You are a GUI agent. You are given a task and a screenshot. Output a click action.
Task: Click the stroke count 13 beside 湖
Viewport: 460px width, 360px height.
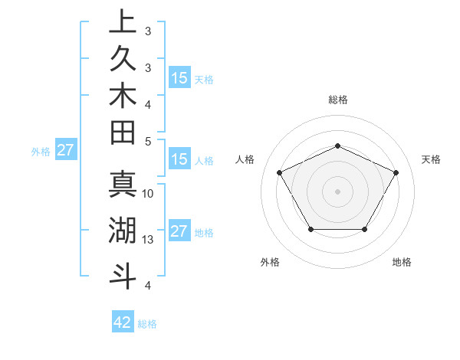pyautogui.click(x=148, y=240)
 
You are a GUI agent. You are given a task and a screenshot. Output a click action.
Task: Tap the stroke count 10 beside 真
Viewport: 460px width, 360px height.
pyautogui.click(x=148, y=193)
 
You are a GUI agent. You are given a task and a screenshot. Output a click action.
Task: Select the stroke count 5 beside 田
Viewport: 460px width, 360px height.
pyautogui.click(x=148, y=141)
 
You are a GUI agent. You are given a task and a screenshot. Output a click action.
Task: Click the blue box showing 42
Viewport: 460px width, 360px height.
pyautogui.click(x=123, y=322)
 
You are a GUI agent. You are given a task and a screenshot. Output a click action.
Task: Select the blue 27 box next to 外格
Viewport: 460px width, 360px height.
pyautogui.click(x=65, y=151)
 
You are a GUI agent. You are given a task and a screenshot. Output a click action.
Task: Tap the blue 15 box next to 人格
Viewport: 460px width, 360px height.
pyautogui.click(x=179, y=160)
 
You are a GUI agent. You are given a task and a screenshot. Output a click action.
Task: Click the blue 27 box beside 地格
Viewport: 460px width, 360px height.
pyautogui.click(x=179, y=231)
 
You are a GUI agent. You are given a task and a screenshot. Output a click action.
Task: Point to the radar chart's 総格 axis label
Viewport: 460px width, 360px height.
pyautogui.click(x=338, y=100)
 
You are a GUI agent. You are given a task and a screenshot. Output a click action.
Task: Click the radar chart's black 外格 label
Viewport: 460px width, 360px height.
pyautogui.click(x=270, y=263)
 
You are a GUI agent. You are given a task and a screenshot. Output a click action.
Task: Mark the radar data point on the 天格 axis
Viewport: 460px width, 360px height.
pyautogui.click(x=396, y=172)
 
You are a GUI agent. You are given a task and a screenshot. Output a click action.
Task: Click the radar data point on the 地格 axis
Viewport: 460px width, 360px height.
pyautogui.click(x=364, y=229)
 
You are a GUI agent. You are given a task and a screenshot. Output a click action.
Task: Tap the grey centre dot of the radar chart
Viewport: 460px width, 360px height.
pyautogui.click(x=337, y=191)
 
